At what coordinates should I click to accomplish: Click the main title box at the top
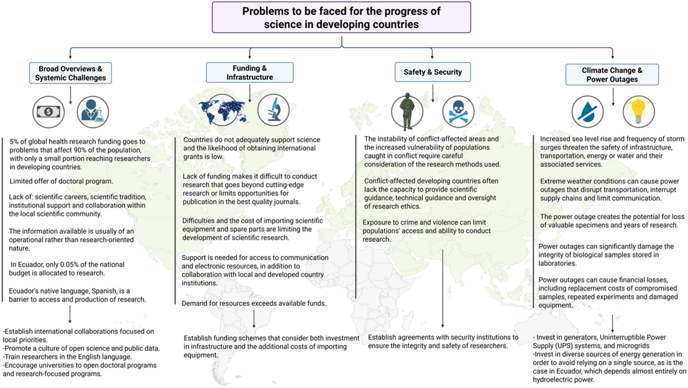tap(343, 17)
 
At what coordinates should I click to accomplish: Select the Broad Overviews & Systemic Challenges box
tap(70, 72)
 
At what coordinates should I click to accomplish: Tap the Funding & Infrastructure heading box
tap(249, 72)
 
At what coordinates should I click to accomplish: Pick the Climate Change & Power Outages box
tap(612, 74)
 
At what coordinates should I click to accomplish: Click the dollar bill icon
tap(49, 111)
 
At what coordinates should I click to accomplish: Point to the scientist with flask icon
tap(93, 111)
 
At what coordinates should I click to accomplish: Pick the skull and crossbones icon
tap(458, 111)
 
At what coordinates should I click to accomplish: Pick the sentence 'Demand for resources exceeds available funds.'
tap(254, 304)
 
